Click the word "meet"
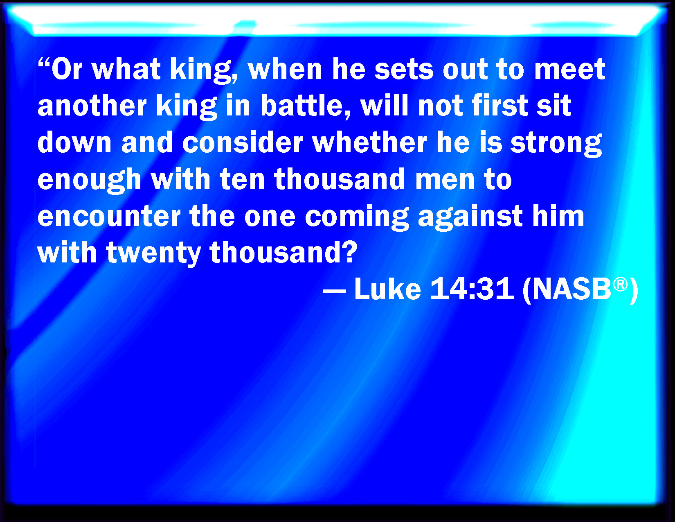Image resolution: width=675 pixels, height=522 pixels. (569, 69)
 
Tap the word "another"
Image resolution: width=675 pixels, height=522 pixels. (92, 106)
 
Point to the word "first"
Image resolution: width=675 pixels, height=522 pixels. (500, 106)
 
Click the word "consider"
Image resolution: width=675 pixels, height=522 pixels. (242, 143)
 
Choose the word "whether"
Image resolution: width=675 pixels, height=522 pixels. (369, 143)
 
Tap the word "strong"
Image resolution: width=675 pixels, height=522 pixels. (556, 144)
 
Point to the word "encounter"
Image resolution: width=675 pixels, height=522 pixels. (109, 217)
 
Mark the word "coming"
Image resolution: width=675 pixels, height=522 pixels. (357, 218)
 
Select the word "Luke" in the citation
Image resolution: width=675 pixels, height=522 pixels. (388, 289)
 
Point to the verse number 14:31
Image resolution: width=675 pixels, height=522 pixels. (472, 289)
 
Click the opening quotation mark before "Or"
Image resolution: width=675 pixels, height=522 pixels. (44, 63)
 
